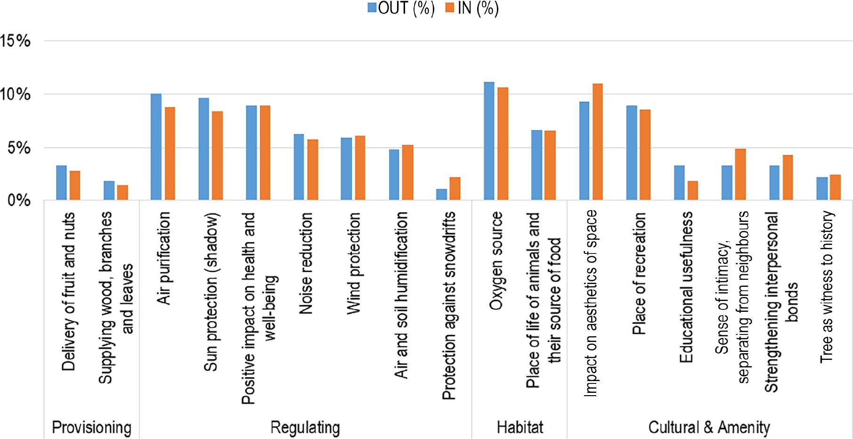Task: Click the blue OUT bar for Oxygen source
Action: pos(489,141)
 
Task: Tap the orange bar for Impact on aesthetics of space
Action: pos(598,142)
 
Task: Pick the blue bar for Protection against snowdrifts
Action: pos(441,195)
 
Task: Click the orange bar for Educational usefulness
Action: pos(692,191)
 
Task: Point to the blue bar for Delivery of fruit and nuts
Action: pos(61,183)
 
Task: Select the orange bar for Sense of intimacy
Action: pos(740,175)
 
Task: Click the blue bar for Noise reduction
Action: pos(299,168)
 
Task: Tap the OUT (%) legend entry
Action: pos(401,8)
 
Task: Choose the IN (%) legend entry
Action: pos(472,8)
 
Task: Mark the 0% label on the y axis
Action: pos(19,201)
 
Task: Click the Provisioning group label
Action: pos(91,427)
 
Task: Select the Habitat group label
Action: pos(520,427)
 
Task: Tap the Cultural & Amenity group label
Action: pos(709,427)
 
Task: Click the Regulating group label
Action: pos(305,427)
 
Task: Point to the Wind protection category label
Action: pos(353,263)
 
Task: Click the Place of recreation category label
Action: pos(639,273)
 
